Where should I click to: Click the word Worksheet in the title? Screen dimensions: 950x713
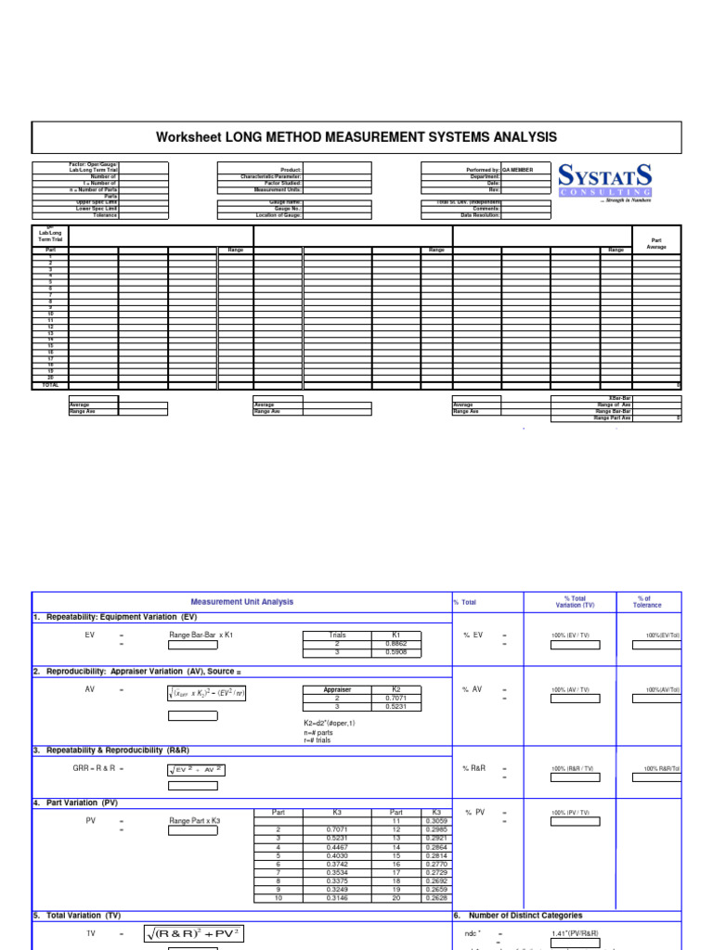click(x=189, y=137)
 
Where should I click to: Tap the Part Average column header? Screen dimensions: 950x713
click(x=657, y=243)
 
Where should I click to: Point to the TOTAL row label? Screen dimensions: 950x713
click(x=50, y=384)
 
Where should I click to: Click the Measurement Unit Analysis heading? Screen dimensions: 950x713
click(x=241, y=601)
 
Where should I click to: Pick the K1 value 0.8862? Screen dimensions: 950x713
click(x=396, y=642)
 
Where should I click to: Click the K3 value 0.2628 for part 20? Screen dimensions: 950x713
click(x=436, y=897)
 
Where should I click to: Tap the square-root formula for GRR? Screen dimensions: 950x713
click(x=197, y=769)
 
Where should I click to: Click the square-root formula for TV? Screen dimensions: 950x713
click(x=194, y=934)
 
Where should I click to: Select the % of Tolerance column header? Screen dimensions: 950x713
click(x=648, y=601)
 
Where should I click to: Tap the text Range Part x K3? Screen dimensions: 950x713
click(x=195, y=821)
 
